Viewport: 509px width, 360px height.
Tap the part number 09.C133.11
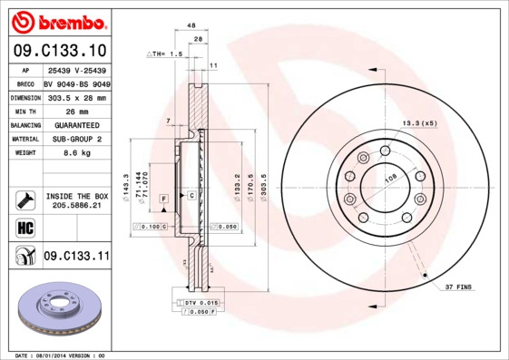[x=75, y=257]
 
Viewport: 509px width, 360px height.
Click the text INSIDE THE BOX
[x=76, y=196]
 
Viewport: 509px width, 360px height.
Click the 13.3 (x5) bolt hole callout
[x=419, y=122]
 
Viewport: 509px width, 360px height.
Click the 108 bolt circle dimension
[x=391, y=180]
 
